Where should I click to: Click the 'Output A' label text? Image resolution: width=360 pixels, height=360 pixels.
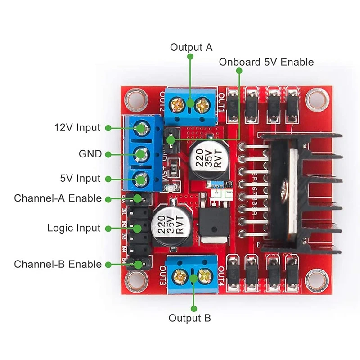tap(191, 48)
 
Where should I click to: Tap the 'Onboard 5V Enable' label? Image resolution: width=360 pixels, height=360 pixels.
tap(266, 62)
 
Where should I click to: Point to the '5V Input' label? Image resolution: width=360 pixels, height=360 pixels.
tap(80, 179)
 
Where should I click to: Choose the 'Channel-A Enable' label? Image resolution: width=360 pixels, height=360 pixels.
tap(58, 198)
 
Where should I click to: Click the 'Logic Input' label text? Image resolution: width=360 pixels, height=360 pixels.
tap(73, 228)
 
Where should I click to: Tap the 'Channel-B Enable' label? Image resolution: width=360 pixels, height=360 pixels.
tap(58, 264)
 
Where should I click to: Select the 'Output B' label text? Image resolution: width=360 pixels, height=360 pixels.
tap(189, 318)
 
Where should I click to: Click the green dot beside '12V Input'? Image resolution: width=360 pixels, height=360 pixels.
tap(108, 128)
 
